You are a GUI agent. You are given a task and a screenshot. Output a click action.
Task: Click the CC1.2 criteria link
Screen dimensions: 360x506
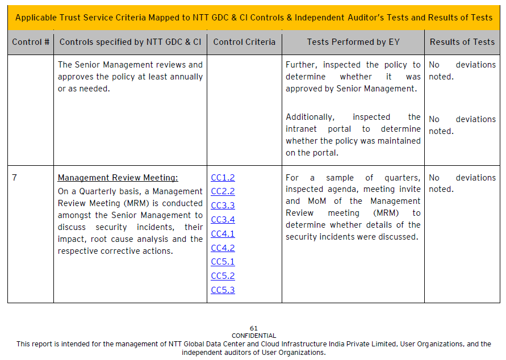tap(223, 178)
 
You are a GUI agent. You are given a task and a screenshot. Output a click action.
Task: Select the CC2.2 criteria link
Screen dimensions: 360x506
tap(223, 191)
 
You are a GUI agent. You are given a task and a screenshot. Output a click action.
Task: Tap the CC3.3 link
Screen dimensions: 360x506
tap(223, 206)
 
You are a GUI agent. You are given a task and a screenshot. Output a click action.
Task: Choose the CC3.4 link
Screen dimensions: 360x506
tap(223, 220)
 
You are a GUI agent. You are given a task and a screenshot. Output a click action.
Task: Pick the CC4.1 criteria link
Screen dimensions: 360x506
tap(223, 233)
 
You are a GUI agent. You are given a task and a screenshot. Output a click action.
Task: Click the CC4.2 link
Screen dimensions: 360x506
tap(223, 248)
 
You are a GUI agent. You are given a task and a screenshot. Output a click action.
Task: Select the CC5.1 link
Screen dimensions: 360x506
tap(223, 262)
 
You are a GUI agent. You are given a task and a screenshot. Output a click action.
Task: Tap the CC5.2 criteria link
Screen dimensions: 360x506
tap(223, 276)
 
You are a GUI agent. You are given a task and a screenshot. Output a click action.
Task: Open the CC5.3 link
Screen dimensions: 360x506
tap(223, 290)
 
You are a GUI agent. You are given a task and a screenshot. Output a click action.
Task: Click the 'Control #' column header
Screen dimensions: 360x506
tap(31, 42)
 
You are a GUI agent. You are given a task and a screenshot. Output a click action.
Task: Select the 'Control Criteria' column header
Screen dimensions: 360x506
tap(244, 42)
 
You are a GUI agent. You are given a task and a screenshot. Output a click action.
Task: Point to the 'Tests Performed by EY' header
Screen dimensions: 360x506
tap(353, 42)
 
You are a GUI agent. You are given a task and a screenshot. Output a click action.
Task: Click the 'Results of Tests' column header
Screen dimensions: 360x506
tap(462, 42)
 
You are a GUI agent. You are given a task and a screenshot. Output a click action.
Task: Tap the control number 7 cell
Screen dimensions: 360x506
tap(15, 178)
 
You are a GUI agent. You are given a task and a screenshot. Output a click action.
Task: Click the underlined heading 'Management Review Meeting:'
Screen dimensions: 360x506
tap(118, 178)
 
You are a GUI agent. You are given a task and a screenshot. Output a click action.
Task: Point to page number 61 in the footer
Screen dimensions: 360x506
tap(254, 328)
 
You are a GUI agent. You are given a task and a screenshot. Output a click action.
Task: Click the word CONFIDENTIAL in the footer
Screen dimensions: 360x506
tap(254, 336)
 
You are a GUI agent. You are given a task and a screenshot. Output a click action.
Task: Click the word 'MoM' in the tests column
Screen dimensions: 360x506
tap(317, 201)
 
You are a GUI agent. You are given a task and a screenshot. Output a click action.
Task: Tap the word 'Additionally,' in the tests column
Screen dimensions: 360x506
tap(310, 117)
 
